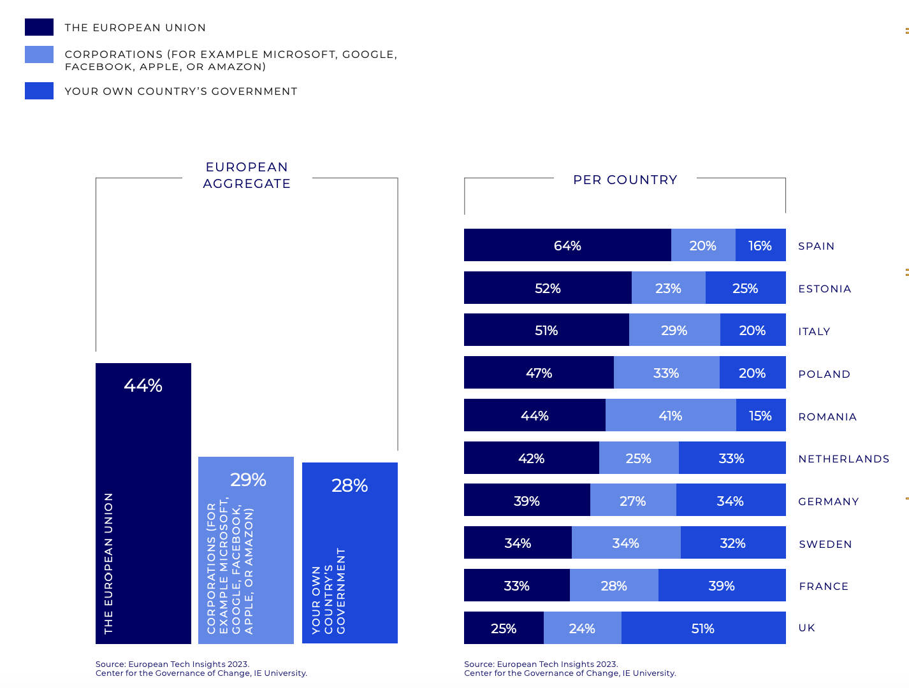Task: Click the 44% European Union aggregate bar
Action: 143,503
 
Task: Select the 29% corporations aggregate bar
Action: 246,550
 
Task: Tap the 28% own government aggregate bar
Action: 350,553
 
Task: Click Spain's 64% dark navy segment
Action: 567,245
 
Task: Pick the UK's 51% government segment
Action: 703,628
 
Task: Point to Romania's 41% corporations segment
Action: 671,415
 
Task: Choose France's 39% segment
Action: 722,585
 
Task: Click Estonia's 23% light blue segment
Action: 668,288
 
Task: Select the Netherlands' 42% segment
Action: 531,458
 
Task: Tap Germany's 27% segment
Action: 633,501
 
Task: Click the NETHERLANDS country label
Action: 843,459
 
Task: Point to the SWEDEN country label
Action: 825,544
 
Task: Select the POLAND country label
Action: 824,374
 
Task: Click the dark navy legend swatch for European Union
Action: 39,27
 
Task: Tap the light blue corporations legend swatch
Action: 39,55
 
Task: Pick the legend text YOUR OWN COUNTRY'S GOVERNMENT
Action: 181,91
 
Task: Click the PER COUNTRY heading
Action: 625,180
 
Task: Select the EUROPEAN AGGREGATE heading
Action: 247,175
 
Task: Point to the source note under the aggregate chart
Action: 201,668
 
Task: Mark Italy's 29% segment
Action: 674,330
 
